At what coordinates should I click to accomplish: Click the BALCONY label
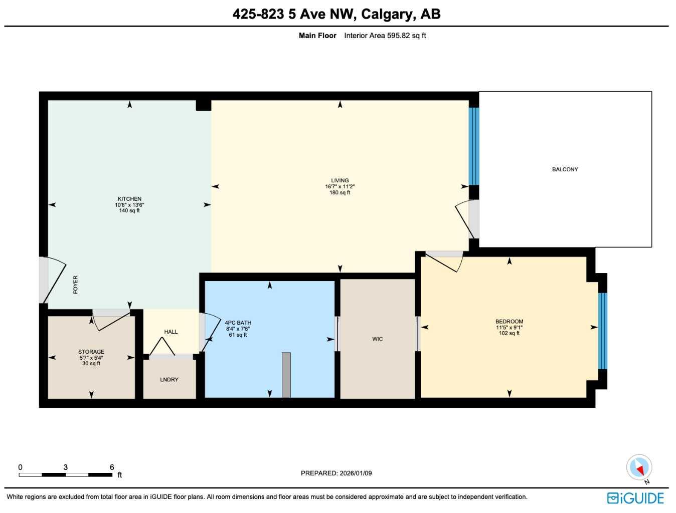(x=565, y=169)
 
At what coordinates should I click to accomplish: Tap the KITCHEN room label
(x=129, y=199)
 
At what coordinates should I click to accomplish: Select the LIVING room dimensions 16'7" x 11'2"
(x=340, y=186)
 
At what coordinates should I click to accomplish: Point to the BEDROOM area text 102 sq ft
(x=509, y=333)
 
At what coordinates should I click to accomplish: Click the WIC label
(x=377, y=339)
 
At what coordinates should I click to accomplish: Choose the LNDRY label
(x=169, y=380)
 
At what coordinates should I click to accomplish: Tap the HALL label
(x=171, y=332)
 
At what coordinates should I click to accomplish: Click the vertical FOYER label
(x=76, y=284)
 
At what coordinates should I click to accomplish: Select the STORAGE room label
(x=91, y=352)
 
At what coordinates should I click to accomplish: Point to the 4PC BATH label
(x=238, y=323)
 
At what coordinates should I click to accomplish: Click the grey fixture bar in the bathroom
(x=286, y=375)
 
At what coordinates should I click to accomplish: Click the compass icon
(x=639, y=468)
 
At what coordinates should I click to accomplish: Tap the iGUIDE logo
(x=635, y=498)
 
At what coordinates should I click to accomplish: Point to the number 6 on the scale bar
(x=112, y=467)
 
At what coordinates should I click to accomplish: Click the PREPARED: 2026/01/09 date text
(x=336, y=473)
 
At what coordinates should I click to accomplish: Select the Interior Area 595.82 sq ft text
(x=385, y=36)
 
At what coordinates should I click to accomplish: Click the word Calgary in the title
(x=388, y=14)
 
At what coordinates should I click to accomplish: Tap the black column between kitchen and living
(x=203, y=105)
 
